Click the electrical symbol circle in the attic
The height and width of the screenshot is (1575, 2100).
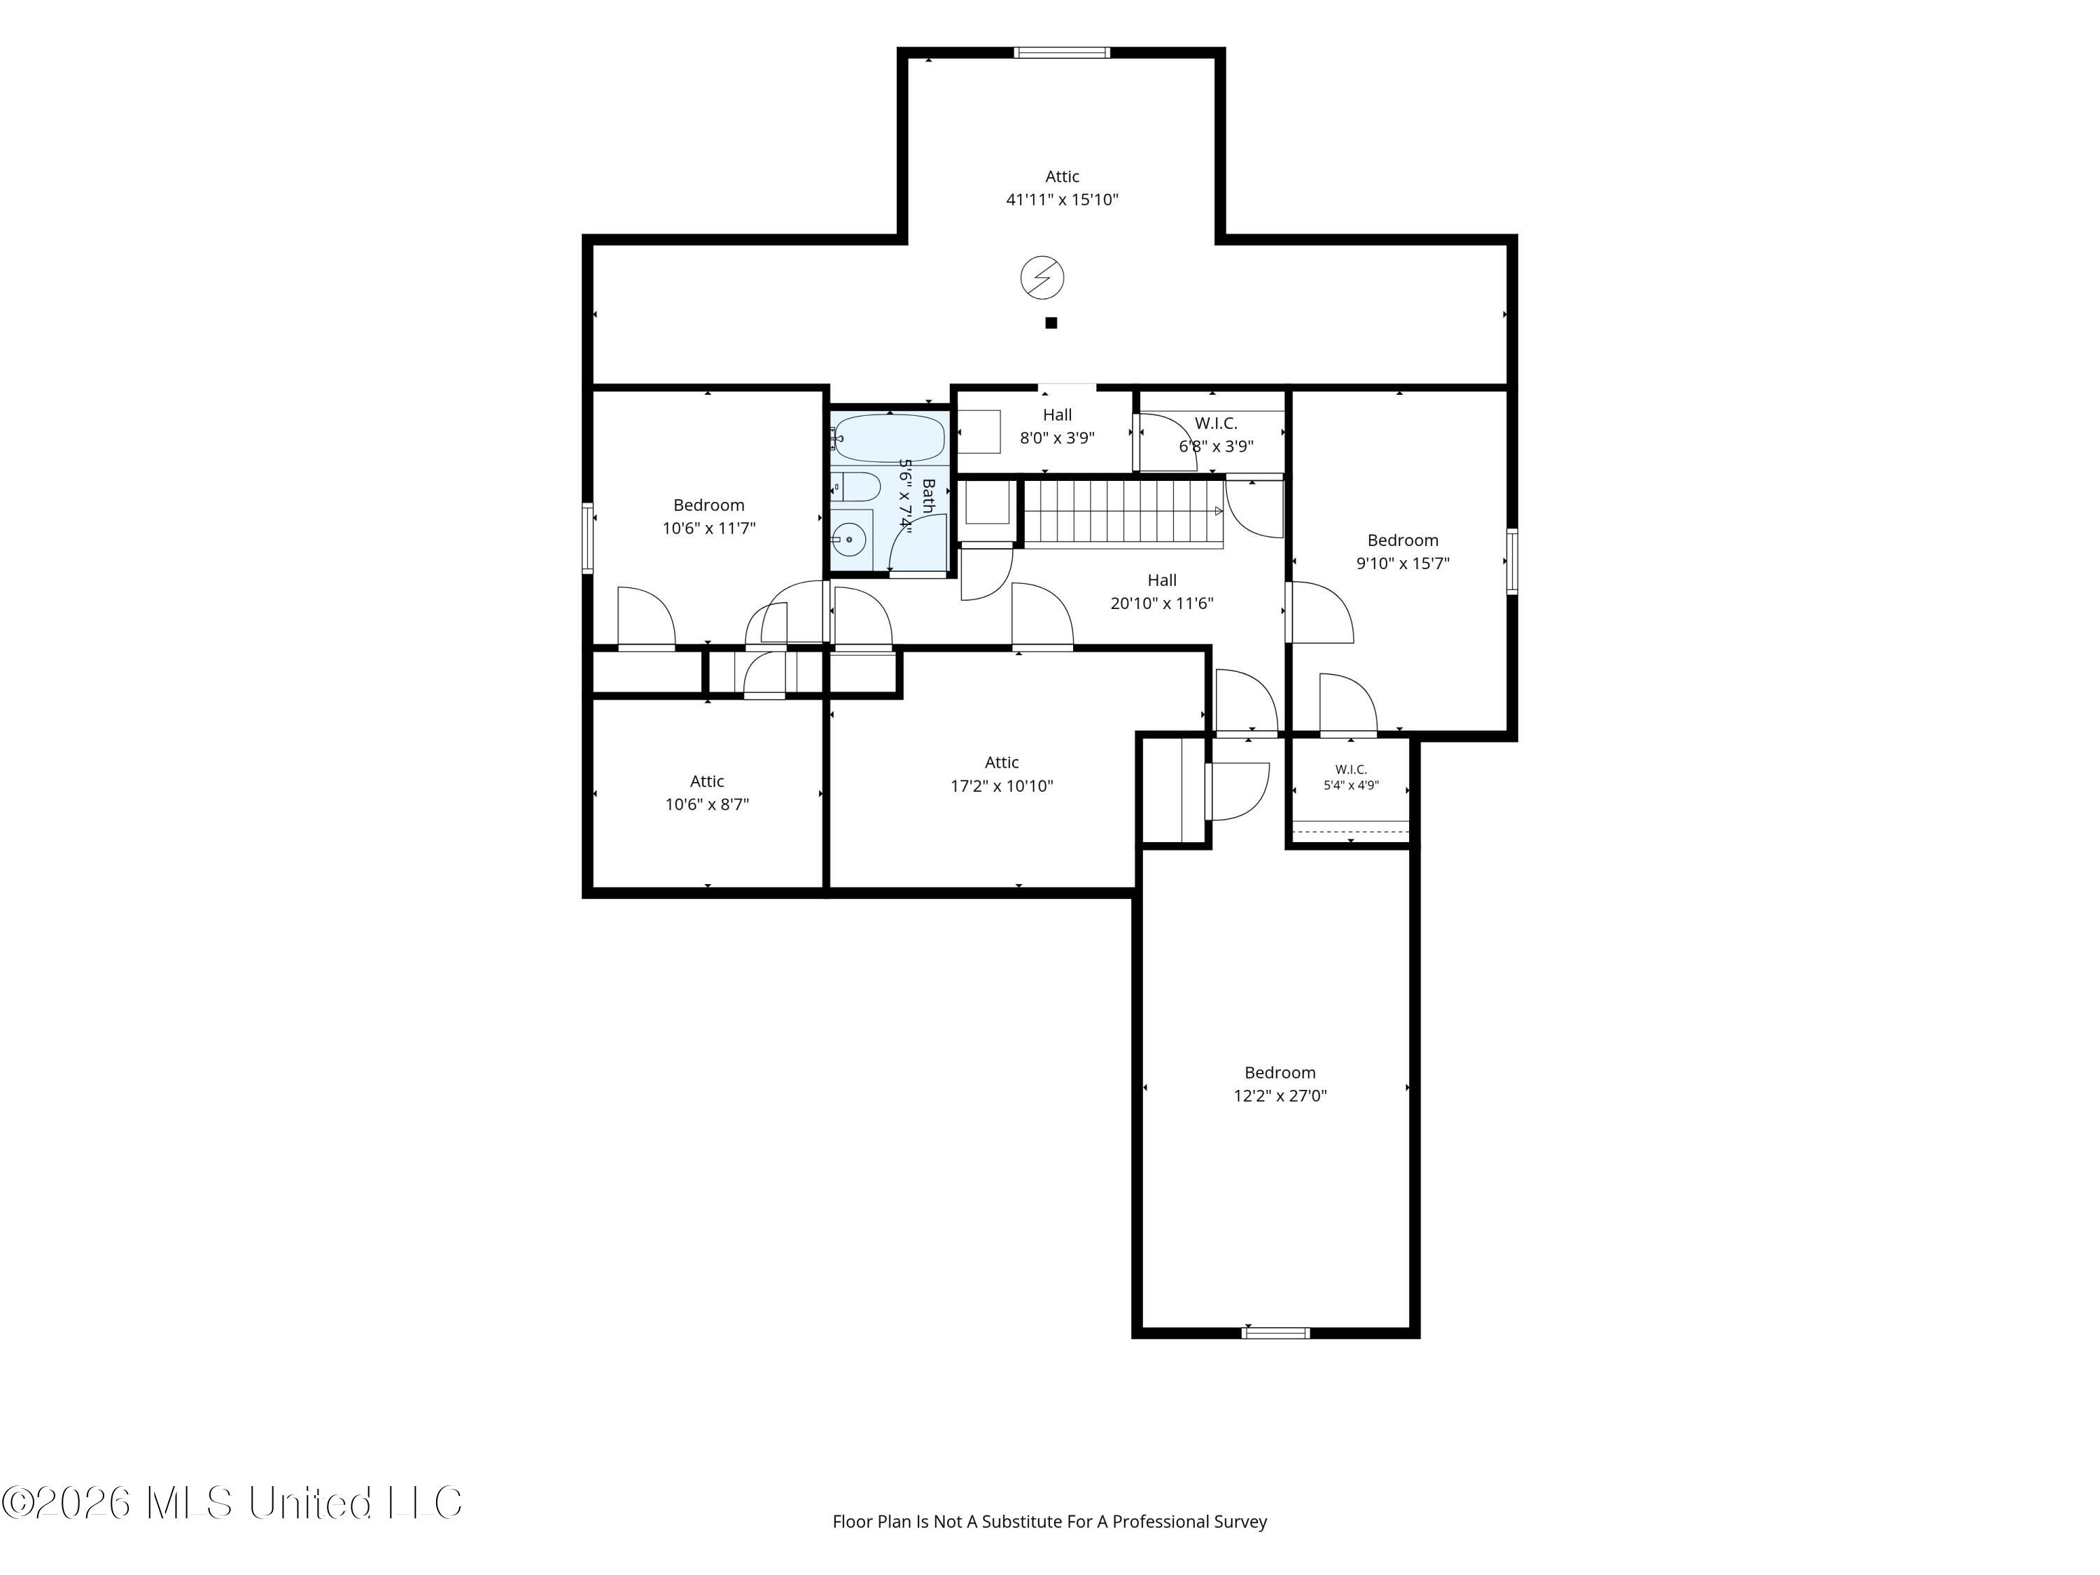1042,278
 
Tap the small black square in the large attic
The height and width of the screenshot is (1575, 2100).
1051,323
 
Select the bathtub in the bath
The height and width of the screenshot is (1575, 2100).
890,437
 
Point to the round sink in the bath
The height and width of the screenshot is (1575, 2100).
848,539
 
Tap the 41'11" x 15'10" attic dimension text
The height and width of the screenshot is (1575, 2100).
1063,200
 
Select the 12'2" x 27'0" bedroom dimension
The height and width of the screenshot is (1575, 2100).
1280,1095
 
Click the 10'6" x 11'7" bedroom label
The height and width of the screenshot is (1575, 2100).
709,517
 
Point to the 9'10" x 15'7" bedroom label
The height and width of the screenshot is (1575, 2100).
1403,552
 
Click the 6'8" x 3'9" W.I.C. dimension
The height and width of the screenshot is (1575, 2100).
1216,446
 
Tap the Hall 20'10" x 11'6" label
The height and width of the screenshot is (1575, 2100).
1162,591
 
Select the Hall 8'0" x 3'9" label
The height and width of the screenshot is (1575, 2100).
1058,426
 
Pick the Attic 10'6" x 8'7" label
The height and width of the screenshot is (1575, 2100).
707,792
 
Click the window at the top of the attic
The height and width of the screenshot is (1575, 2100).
1061,52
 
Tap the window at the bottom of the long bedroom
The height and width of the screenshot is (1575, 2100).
1276,1333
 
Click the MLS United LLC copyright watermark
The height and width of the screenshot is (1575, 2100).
232,1503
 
